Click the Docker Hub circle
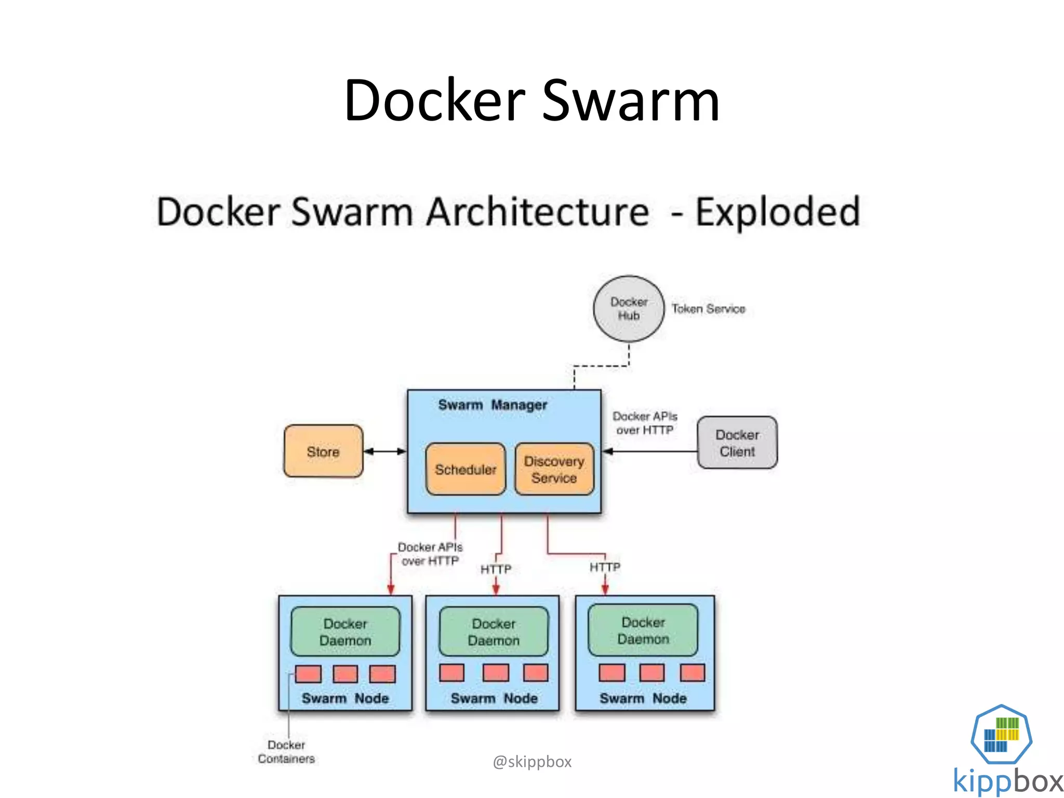(x=629, y=309)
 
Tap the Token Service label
(x=708, y=309)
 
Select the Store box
(x=323, y=451)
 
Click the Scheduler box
(x=465, y=469)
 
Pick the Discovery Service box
(x=554, y=469)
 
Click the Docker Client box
(x=737, y=443)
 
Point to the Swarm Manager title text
(x=493, y=405)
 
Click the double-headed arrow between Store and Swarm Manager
(x=385, y=451)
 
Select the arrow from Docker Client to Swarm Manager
(x=649, y=451)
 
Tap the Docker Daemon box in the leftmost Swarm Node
(x=345, y=632)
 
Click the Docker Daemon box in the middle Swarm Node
(x=494, y=632)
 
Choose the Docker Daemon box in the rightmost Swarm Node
(x=643, y=630)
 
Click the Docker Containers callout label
(x=286, y=752)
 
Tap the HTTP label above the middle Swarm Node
(x=496, y=569)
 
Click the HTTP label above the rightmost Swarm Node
(x=605, y=567)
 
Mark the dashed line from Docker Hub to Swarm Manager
(x=601, y=366)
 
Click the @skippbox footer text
(x=532, y=762)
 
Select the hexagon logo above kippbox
(x=1001, y=734)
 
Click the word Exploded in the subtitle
(x=778, y=212)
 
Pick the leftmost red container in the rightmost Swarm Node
(x=612, y=673)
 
